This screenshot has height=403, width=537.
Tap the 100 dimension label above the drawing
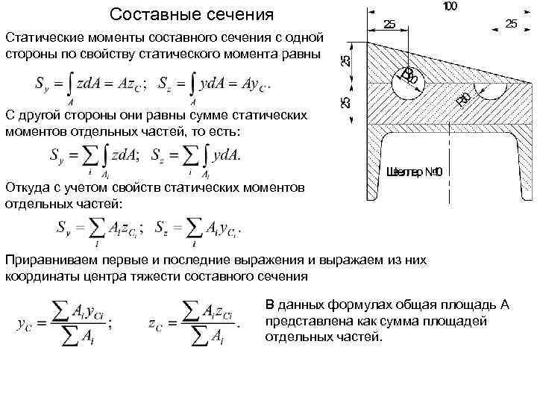450,7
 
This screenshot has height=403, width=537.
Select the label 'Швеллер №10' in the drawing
415,172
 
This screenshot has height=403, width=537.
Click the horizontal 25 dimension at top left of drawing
389,24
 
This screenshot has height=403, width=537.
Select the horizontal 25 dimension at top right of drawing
511,24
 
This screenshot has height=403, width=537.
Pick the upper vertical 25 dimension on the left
346,61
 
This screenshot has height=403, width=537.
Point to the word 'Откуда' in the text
28,188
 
